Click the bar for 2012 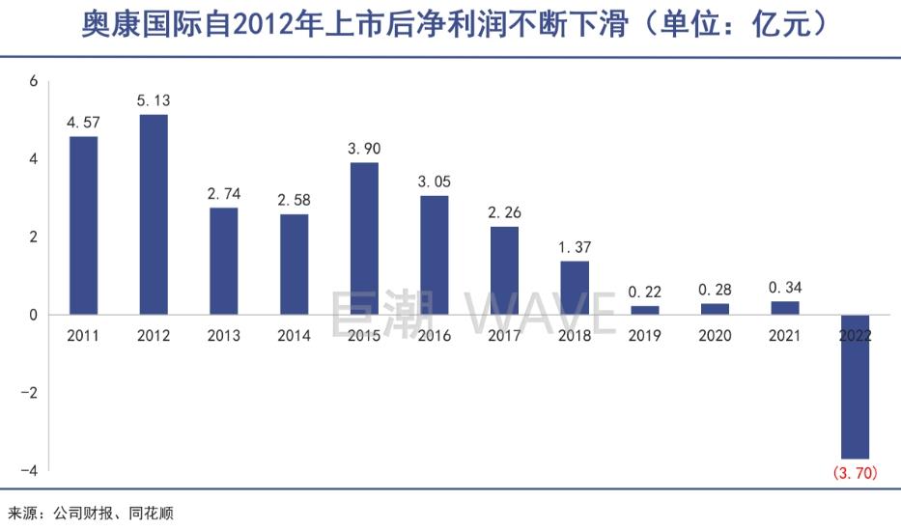154,214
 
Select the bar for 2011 84,225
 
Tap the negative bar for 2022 855,386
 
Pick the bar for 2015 364,238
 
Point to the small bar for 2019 644,310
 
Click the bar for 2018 574,288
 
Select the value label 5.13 154,100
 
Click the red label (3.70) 855,473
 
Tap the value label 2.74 224,193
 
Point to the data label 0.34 784,287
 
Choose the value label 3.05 434,181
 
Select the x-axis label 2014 294,336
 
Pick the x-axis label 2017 504,336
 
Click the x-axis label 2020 715,336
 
